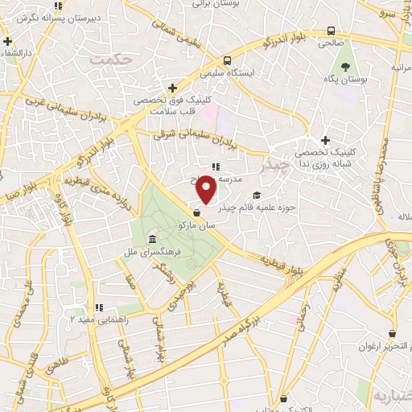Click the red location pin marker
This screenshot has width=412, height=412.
point(207,189)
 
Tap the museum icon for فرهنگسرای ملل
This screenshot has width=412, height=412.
point(152,240)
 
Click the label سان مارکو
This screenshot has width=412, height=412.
point(199,227)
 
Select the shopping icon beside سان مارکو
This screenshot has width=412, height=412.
point(198,212)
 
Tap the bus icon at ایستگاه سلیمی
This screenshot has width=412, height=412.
point(228,60)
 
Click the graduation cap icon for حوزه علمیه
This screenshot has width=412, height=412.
point(257,196)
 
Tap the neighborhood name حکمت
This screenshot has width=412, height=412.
point(110,59)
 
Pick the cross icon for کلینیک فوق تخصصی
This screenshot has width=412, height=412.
point(172,88)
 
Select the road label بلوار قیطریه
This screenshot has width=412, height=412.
point(282,260)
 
